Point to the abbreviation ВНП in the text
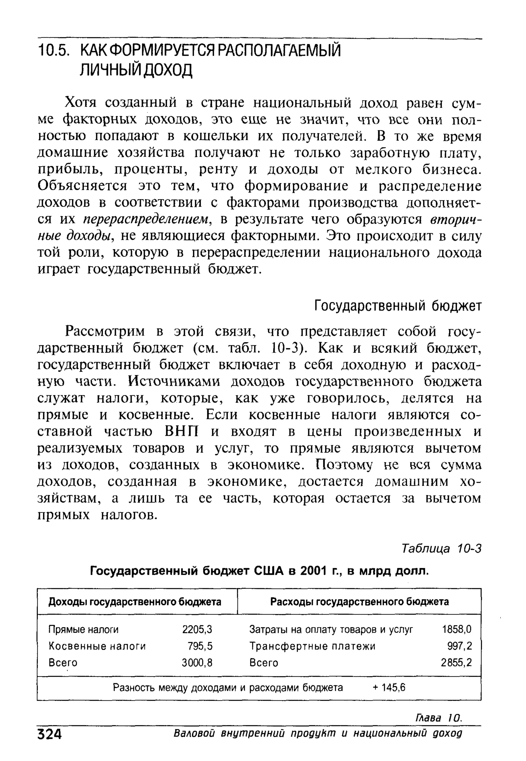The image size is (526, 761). (182, 431)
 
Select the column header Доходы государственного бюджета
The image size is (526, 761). (135, 602)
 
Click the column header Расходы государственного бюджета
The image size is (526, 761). (359, 602)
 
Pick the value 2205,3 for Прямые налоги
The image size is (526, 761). (197, 630)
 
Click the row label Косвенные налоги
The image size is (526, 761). (97, 646)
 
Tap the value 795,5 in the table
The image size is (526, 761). (200, 646)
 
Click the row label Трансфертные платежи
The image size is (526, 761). (312, 646)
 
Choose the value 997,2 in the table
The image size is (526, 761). (459, 646)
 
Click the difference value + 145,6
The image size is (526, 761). (389, 688)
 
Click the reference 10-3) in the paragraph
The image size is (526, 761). (288, 348)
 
